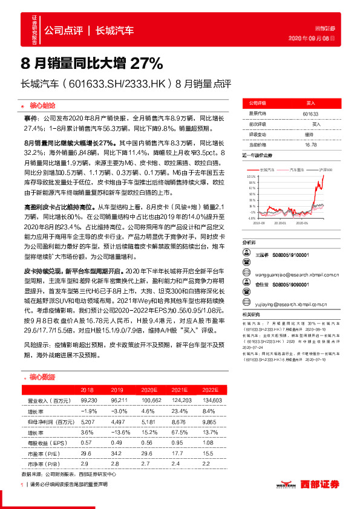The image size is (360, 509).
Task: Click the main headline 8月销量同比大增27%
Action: click(92, 63)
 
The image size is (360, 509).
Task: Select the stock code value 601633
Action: click(310, 113)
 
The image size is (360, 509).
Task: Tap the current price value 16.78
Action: click(310, 144)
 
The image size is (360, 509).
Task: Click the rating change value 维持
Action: click(309, 134)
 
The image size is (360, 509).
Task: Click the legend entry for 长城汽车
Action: click(267, 171)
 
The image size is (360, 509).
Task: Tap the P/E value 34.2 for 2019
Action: click(118, 452)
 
